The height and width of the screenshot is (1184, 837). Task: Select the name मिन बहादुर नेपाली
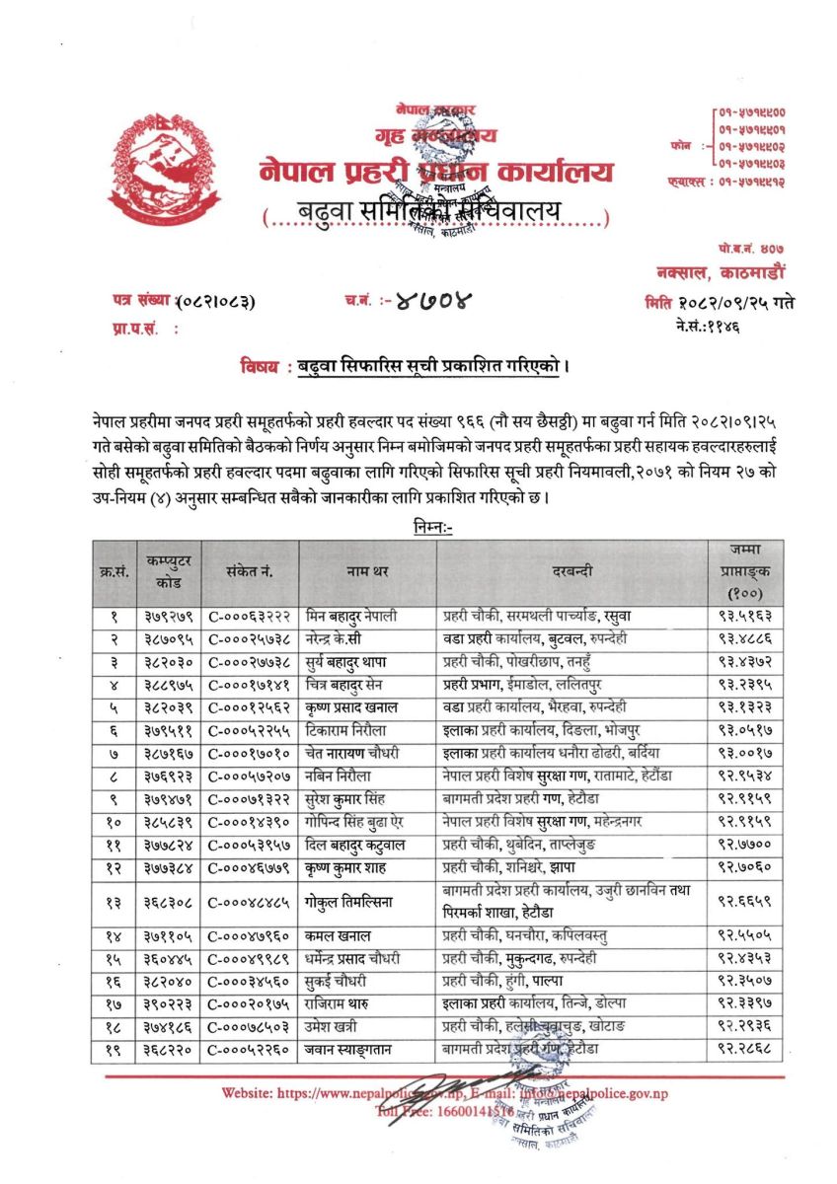[x=351, y=615]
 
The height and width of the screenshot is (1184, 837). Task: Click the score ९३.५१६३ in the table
[x=745, y=615]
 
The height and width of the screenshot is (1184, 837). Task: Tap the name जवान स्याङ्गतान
[x=350, y=1050]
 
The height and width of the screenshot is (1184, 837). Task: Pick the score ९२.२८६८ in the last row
[x=745, y=1050]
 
